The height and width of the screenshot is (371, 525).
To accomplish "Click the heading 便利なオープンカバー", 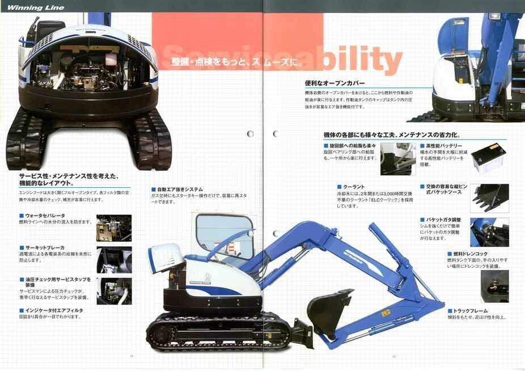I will point(335,83).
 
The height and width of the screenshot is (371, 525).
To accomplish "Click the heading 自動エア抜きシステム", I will point(179,189).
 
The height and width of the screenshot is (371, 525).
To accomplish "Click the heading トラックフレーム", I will point(470,311).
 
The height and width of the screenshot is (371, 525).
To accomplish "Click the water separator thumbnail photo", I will point(113,227).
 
